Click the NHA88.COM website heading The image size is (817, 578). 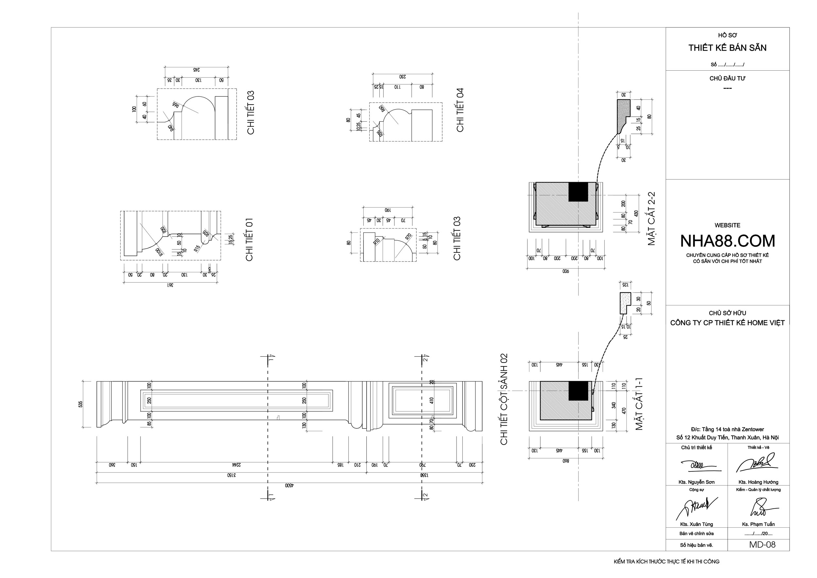point(727,241)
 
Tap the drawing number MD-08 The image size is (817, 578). point(762,545)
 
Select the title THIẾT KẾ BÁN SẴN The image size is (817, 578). point(727,48)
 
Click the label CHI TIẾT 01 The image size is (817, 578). point(249,240)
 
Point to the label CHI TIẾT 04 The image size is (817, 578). point(460,110)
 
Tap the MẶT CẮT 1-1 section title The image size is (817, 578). point(640,404)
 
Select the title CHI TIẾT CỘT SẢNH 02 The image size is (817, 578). point(504,399)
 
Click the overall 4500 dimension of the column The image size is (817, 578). point(289,485)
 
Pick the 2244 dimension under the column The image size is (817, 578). point(236,465)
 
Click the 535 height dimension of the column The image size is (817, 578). point(81,404)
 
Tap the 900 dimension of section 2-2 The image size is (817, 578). point(565,272)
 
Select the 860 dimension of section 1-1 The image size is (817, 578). point(566,461)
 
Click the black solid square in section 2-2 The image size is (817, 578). point(578,192)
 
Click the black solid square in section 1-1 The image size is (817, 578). point(578,390)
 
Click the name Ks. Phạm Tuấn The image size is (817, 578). point(758,524)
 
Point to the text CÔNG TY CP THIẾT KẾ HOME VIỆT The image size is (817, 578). point(727,323)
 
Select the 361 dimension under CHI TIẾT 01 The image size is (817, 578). point(171,285)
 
